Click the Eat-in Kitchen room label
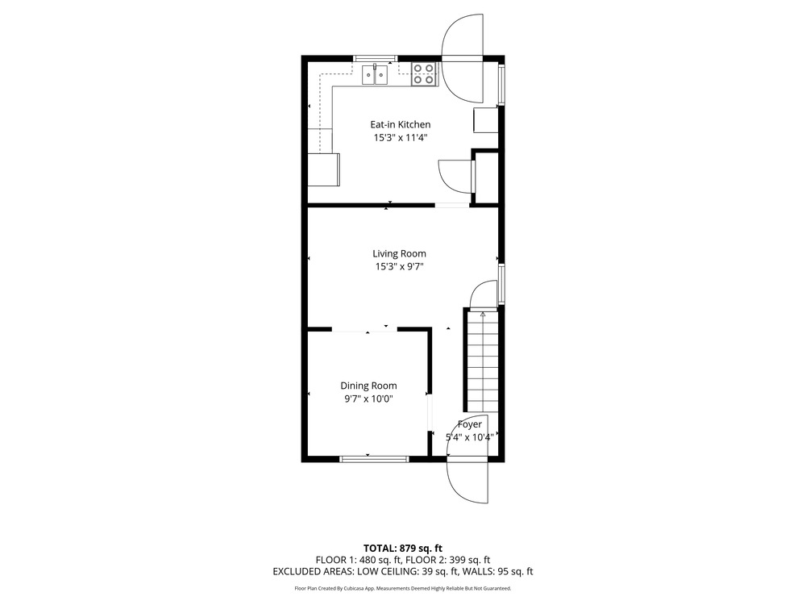[401, 124]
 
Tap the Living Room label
[400, 253]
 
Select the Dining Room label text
[368, 386]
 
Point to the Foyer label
[470, 424]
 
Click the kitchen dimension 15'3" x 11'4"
[401, 138]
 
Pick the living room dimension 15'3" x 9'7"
[400, 267]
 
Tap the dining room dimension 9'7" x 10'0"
[368, 399]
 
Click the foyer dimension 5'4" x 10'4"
[469, 438]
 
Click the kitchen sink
[375, 74]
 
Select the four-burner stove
[424, 73]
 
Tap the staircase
[482, 361]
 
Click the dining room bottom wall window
[374, 459]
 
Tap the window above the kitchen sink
[375, 58]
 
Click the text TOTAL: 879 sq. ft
[403, 549]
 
